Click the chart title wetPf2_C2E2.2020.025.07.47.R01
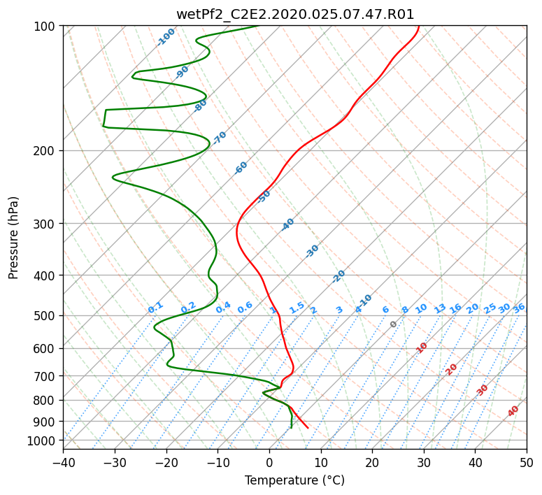tap(295, 15)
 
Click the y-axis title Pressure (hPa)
tap(13, 238)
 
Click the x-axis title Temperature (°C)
tap(295, 480)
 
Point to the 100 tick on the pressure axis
tap(44, 27)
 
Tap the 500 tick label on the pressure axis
tap(44, 316)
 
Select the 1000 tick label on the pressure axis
tap(41, 441)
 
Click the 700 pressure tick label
tap(44, 376)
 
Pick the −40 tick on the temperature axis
tap(63, 462)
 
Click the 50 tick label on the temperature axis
tap(527, 462)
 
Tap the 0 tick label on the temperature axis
tap(270, 462)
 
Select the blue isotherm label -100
tap(166, 37)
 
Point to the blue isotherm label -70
tap(219, 138)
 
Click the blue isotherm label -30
tap(312, 251)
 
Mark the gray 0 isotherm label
tap(393, 324)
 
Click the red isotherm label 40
tap(513, 411)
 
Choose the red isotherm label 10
tap(422, 347)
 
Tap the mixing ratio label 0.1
tap(155, 308)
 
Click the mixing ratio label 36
tap(519, 308)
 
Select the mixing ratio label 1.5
tap(297, 308)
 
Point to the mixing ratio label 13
tap(440, 308)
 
